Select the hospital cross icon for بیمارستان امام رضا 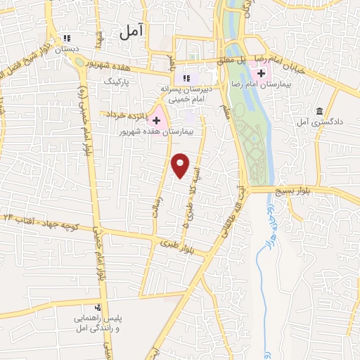[261, 74]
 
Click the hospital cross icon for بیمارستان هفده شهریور [156, 121]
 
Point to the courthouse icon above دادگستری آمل [320, 112]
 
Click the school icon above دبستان [67, 39]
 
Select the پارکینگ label [117, 82]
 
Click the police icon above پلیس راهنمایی [98, 307]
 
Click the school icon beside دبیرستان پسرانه [186, 78]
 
